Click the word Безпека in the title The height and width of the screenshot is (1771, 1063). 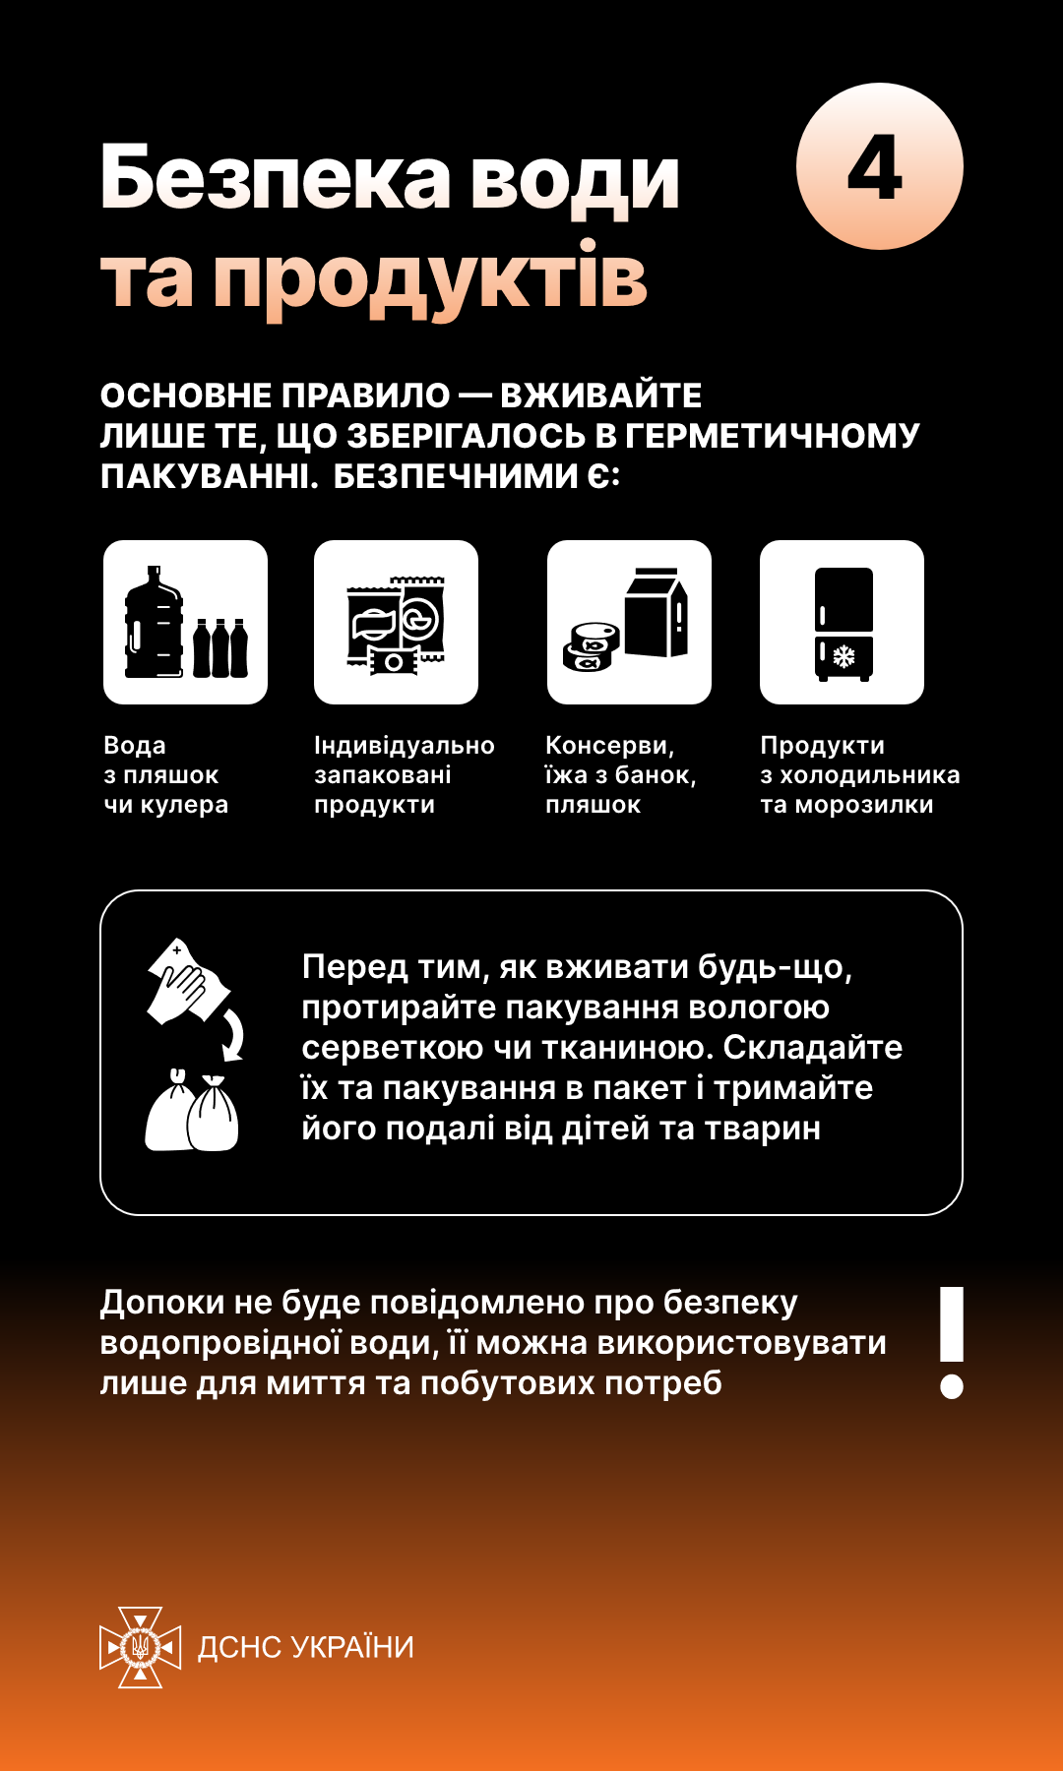pyautogui.click(x=276, y=179)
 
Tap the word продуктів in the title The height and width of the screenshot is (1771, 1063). pyautogui.click(x=430, y=279)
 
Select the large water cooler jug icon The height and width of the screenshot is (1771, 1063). pyautogui.click(x=154, y=622)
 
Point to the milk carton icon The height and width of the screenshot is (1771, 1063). pyautogui.click(x=656, y=613)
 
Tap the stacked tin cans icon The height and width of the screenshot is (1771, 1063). pyautogui.click(x=592, y=646)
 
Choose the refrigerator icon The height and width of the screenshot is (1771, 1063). pyautogui.click(x=844, y=623)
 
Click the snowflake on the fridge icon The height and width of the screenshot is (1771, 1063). pyautogui.click(x=844, y=655)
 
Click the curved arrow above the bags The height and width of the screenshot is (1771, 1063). pyautogui.click(x=233, y=1037)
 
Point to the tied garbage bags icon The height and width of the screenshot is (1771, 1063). pyautogui.click(x=192, y=1113)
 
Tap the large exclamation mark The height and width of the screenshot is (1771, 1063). pyautogui.click(x=951, y=1341)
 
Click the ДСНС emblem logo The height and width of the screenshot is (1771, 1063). pyautogui.click(x=140, y=1647)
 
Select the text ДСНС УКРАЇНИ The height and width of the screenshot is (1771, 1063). pyautogui.click(x=306, y=1647)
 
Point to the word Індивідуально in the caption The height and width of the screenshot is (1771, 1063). pyautogui.click(x=404, y=746)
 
